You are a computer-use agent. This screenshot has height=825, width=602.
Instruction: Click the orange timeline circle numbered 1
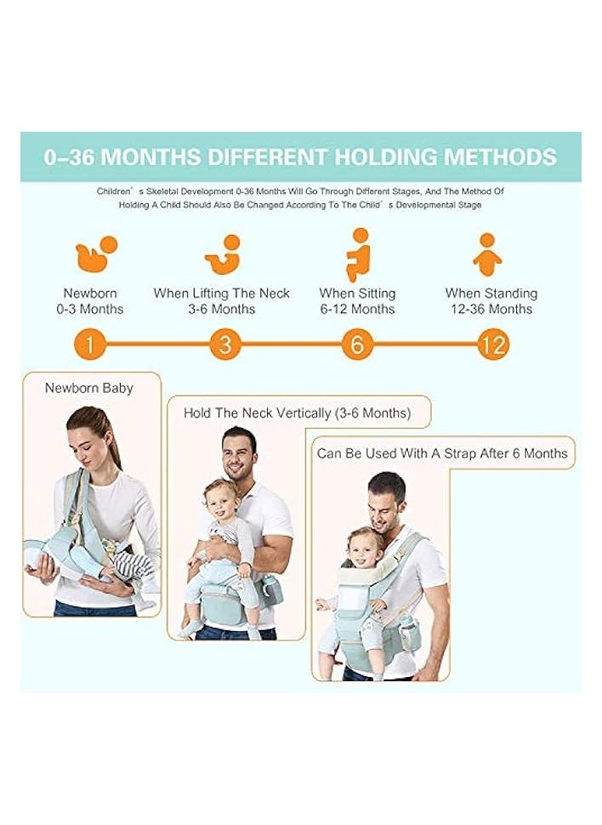90,344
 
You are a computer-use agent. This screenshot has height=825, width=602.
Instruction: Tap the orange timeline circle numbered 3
225,344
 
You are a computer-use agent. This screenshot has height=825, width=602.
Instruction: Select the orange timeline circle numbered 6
357,344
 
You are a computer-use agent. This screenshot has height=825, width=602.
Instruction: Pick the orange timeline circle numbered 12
493,344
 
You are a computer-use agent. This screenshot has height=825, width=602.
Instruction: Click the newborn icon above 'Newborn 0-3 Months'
96,253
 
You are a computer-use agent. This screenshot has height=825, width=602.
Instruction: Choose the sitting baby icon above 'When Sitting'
358,255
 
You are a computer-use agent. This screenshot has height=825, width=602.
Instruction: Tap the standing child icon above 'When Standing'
487,254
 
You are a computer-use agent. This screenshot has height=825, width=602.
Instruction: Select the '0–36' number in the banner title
68,156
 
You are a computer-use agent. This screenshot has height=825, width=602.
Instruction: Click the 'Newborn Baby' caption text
89,388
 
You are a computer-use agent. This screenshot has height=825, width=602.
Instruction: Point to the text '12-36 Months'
491,309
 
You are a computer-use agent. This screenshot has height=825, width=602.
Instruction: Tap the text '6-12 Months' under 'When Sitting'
357,309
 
